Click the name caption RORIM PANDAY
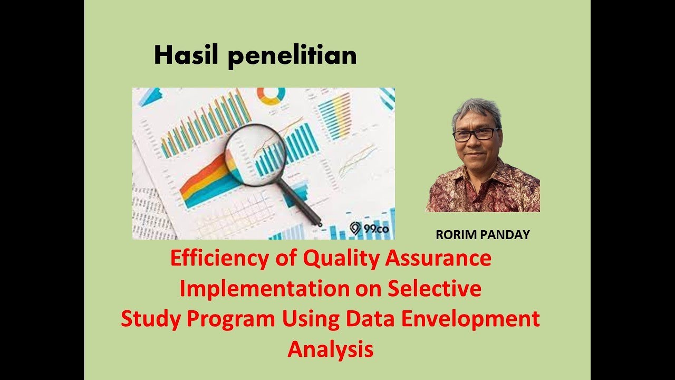point(483,235)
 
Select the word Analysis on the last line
point(330,349)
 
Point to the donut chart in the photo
point(271,96)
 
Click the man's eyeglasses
point(476,135)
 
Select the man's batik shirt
point(483,190)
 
